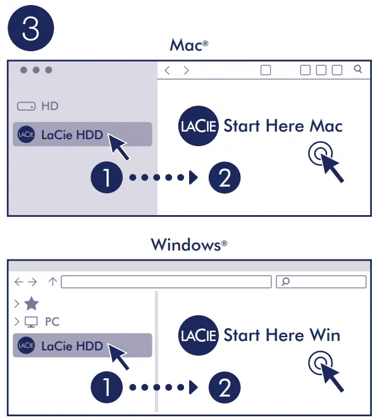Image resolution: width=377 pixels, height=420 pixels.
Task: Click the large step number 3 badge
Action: click(x=30, y=29)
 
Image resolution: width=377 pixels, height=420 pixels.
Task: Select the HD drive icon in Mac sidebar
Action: click(x=26, y=106)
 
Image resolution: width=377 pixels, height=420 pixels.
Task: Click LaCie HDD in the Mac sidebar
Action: click(x=71, y=134)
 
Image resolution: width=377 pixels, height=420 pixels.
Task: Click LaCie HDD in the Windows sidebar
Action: click(x=71, y=345)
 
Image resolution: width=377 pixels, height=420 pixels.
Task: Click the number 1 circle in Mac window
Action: click(x=108, y=178)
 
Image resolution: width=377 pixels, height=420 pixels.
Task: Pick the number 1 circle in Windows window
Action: click(x=108, y=387)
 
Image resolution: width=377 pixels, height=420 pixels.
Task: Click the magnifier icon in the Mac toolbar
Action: click(x=358, y=70)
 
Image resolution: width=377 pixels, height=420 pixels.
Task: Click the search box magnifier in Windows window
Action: click(x=287, y=281)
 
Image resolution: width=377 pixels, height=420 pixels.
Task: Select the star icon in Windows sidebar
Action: click(x=31, y=304)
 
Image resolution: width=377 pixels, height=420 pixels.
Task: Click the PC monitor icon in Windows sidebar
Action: click(x=31, y=322)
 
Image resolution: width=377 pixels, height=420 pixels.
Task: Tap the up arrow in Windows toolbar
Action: click(x=53, y=281)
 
